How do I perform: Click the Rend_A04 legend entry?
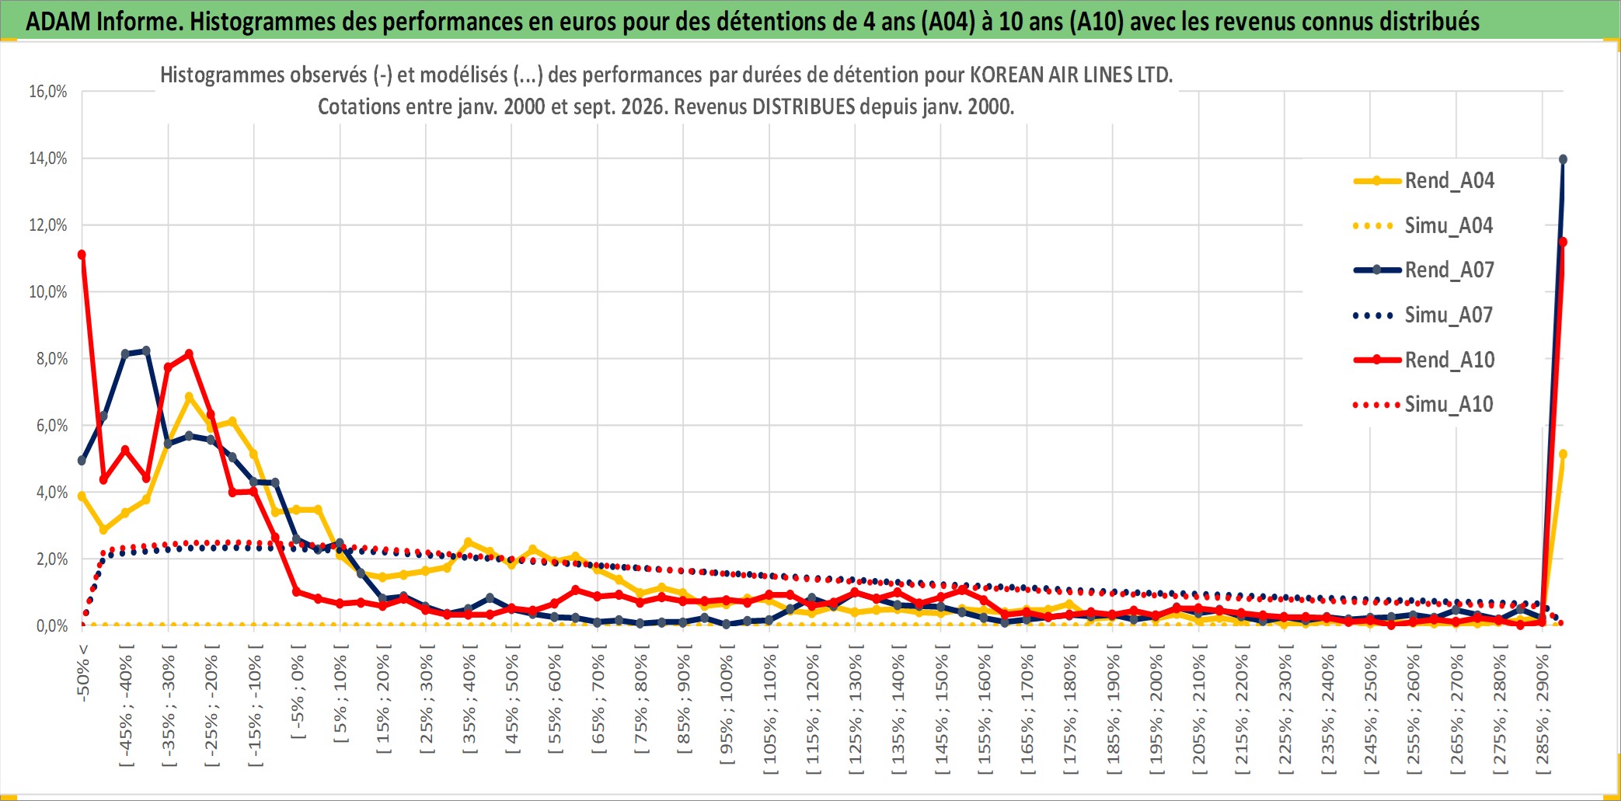[x=1424, y=181]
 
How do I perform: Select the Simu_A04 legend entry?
[x=1424, y=226]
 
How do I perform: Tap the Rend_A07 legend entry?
[x=1424, y=270]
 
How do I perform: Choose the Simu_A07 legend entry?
[x=1424, y=315]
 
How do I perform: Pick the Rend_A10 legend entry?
[x=1424, y=360]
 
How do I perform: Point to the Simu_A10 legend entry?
[x=1424, y=405]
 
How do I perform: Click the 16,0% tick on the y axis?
[x=48, y=92]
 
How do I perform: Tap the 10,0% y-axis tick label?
[x=48, y=292]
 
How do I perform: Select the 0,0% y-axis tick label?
[x=52, y=626]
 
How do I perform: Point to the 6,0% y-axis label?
[x=52, y=426]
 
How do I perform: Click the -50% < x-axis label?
[x=82, y=672]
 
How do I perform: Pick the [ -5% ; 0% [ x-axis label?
[x=298, y=691]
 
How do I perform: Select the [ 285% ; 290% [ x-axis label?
[x=1543, y=709]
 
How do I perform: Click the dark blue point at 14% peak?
[x=1563, y=159]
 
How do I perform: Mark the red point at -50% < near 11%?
[x=82, y=255]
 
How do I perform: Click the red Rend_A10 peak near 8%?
[x=189, y=354]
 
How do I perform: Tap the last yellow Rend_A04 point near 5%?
[x=1563, y=454]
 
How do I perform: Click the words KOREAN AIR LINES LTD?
[x=1071, y=75]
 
